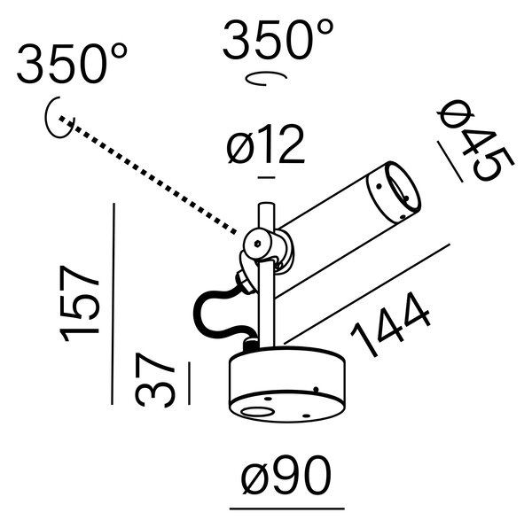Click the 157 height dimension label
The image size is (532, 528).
(x=80, y=303)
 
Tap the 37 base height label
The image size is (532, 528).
(x=154, y=379)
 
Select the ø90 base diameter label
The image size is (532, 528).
(x=286, y=476)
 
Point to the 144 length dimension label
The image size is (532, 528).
(x=391, y=324)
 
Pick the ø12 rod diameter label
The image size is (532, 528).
(x=265, y=144)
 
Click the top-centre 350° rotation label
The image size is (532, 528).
(x=278, y=39)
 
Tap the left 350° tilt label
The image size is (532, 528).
(x=72, y=64)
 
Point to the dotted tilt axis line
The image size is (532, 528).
(x=148, y=175)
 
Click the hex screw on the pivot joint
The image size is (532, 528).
(x=257, y=244)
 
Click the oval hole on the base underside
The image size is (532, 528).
(x=256, y=413)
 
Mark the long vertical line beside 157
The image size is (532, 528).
(x=113, y=304)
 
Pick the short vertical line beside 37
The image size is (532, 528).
(x=189, y=384)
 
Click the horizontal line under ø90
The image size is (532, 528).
(x=287, y=509)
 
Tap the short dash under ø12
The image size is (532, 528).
(x=266, y=177)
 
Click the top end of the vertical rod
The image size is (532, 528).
(x=266, y=205)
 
